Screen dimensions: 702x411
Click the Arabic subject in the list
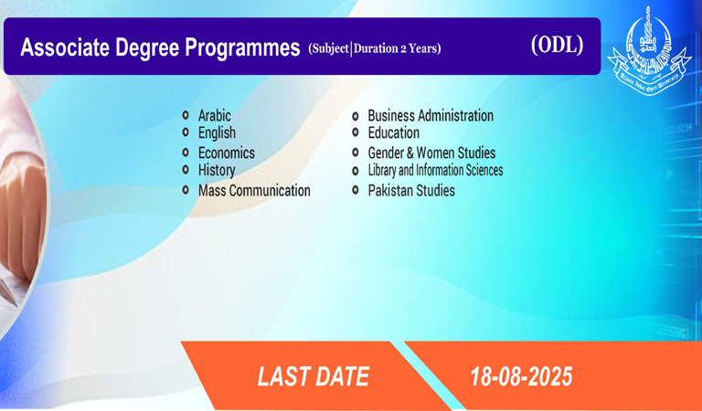(x=215, y=115)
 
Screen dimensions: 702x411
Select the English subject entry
(x=217, y=132)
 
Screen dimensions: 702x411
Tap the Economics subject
(x=227, y=153)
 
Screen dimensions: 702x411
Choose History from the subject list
(x=217, y=171)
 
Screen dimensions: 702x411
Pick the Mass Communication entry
(x=254, y=191)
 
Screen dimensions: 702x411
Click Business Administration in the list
(x=431, y=115)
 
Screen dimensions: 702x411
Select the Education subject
(x=394, y=132)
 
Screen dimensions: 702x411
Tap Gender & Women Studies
(x=431, y=153)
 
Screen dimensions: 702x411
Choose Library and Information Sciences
(x=435, y=171)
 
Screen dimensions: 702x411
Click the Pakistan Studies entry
(x=411, y=191)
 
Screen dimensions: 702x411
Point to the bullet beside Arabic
(x=186, y=115)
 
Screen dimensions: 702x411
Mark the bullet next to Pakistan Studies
(x=355, y=190)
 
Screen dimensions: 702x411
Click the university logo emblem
(x=649, y=50)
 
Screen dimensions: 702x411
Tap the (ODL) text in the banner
(x=557, y=45)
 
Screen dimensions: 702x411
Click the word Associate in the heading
(x=65, y=47)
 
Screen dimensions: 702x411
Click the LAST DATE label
(x=314, y=376)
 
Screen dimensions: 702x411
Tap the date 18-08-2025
(x=521, y=376)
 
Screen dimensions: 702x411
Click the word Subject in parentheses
(x=330, y=48)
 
